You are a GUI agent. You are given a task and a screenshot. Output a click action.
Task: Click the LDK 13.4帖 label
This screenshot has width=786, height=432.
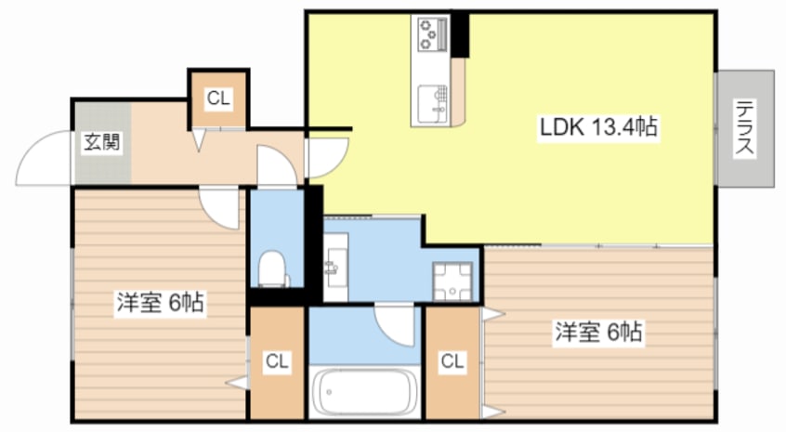click(x=598, y=127)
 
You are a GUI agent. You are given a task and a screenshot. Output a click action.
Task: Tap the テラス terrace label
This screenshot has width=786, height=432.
click(x=745, y=128)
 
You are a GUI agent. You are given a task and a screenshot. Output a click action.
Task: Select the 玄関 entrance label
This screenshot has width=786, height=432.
click(x=102, y=142)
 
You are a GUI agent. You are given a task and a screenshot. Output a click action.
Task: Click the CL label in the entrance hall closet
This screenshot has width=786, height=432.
click(x=218, y=98)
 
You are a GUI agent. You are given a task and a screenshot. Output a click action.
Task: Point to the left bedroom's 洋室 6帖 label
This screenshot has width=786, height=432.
click(x=161, y=302)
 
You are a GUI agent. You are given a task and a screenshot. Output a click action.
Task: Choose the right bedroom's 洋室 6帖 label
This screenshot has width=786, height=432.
click(x=598, y=332)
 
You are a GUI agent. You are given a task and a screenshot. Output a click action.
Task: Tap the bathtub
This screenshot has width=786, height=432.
click(x=364, y=392)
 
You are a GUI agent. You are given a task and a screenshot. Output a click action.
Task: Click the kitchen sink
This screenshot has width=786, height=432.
click(x=432, y=103)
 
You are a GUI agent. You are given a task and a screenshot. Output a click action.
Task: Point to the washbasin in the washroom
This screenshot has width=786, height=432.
click(x=334, y=266)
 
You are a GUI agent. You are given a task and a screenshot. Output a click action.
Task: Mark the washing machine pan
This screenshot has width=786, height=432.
click(x=452, y=281)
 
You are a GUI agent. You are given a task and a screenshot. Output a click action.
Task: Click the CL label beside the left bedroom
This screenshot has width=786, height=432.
click(x=277, y=360)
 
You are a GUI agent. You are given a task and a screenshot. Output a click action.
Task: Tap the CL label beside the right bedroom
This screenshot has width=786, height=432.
click(x=452, y=360)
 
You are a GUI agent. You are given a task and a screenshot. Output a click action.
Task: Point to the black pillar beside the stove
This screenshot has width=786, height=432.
click(x=460, y=35)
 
